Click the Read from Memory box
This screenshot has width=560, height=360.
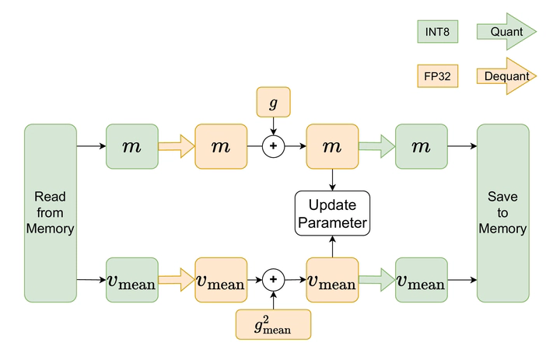[x=50, y=212]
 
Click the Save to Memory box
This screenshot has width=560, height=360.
[x=502, y=212]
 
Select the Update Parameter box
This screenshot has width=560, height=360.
[x=333, y=214]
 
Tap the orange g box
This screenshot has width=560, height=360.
[x=273, y=102]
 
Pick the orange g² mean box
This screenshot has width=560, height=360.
[x=273, y=323]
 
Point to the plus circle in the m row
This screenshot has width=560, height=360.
[x=273, y=145]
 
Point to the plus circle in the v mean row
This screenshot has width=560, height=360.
[x=273, y=279]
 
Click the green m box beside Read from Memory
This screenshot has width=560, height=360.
[x=132, y=145]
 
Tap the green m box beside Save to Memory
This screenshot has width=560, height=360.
[x=422, y=145]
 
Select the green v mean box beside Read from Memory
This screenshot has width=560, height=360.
[x=132, y=280]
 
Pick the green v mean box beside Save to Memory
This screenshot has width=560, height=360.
[x=422, y=280]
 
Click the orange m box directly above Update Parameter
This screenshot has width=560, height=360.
[x=333, y=145]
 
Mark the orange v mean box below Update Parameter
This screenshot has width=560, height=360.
[x=333, y=280]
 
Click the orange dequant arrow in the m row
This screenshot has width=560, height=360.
[x=176, y=145]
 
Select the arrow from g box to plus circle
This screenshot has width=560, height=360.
[x=273, y=125]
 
